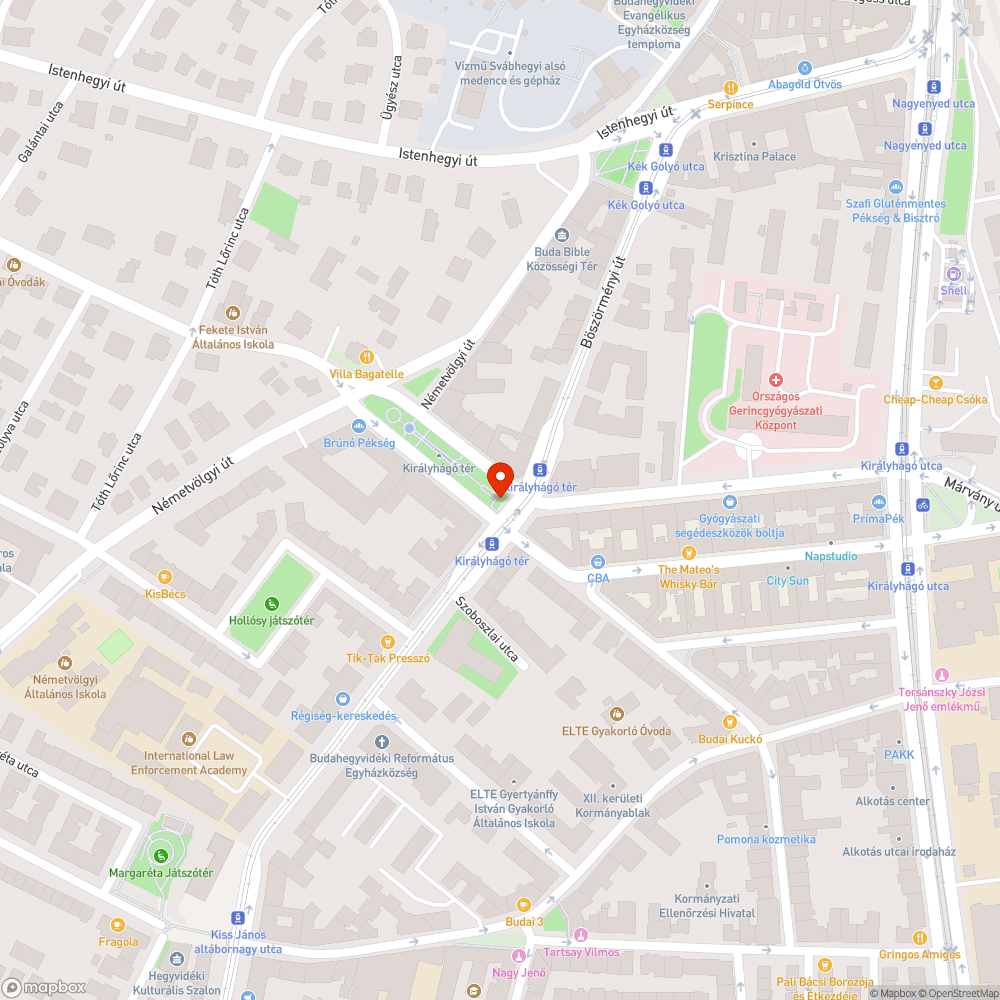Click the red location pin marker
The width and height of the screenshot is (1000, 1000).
point(499,478)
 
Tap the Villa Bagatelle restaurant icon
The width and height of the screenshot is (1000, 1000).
point(367,356)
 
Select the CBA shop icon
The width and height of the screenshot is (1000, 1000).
point(598,561)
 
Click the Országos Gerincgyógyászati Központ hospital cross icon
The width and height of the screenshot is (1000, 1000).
point(775,380)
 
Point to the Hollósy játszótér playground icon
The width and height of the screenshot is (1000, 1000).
point(271,603)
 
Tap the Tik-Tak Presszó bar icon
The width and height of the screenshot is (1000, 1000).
point(388,641)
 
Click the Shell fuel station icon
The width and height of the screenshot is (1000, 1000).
point(954,274)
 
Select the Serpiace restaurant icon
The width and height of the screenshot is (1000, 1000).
point(731,87)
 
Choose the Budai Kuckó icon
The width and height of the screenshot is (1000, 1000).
point(730,721)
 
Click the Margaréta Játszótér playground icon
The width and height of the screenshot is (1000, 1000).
point(160,854)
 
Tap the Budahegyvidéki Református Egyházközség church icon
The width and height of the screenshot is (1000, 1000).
point(381,741)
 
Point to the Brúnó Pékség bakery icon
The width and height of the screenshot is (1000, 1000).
point(359,426)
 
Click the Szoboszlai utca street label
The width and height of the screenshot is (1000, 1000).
point(487,630)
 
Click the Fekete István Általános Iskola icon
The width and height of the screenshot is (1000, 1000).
point(233,313)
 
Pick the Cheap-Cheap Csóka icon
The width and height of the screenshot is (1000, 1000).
point(935,382)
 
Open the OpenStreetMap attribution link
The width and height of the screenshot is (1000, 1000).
point(957,993)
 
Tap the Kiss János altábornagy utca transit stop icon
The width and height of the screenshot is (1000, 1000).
point(237,917)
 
